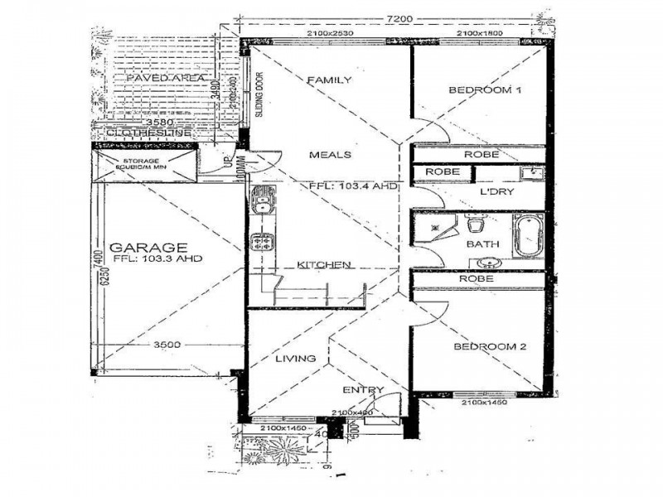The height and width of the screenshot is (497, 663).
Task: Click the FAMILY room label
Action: [329, 80]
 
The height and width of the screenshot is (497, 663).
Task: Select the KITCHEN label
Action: [326, 265]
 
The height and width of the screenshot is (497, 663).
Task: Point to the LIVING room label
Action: [295, 359]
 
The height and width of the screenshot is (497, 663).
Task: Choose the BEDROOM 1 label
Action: [484, 90]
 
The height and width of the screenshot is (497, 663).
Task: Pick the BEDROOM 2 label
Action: [490, 348]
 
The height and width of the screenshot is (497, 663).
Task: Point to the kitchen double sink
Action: [262, 205]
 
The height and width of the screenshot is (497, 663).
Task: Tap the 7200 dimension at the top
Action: [399, 18]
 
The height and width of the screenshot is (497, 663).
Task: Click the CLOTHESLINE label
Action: [149, 133]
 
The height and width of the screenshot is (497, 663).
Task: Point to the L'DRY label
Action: [496, 191]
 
